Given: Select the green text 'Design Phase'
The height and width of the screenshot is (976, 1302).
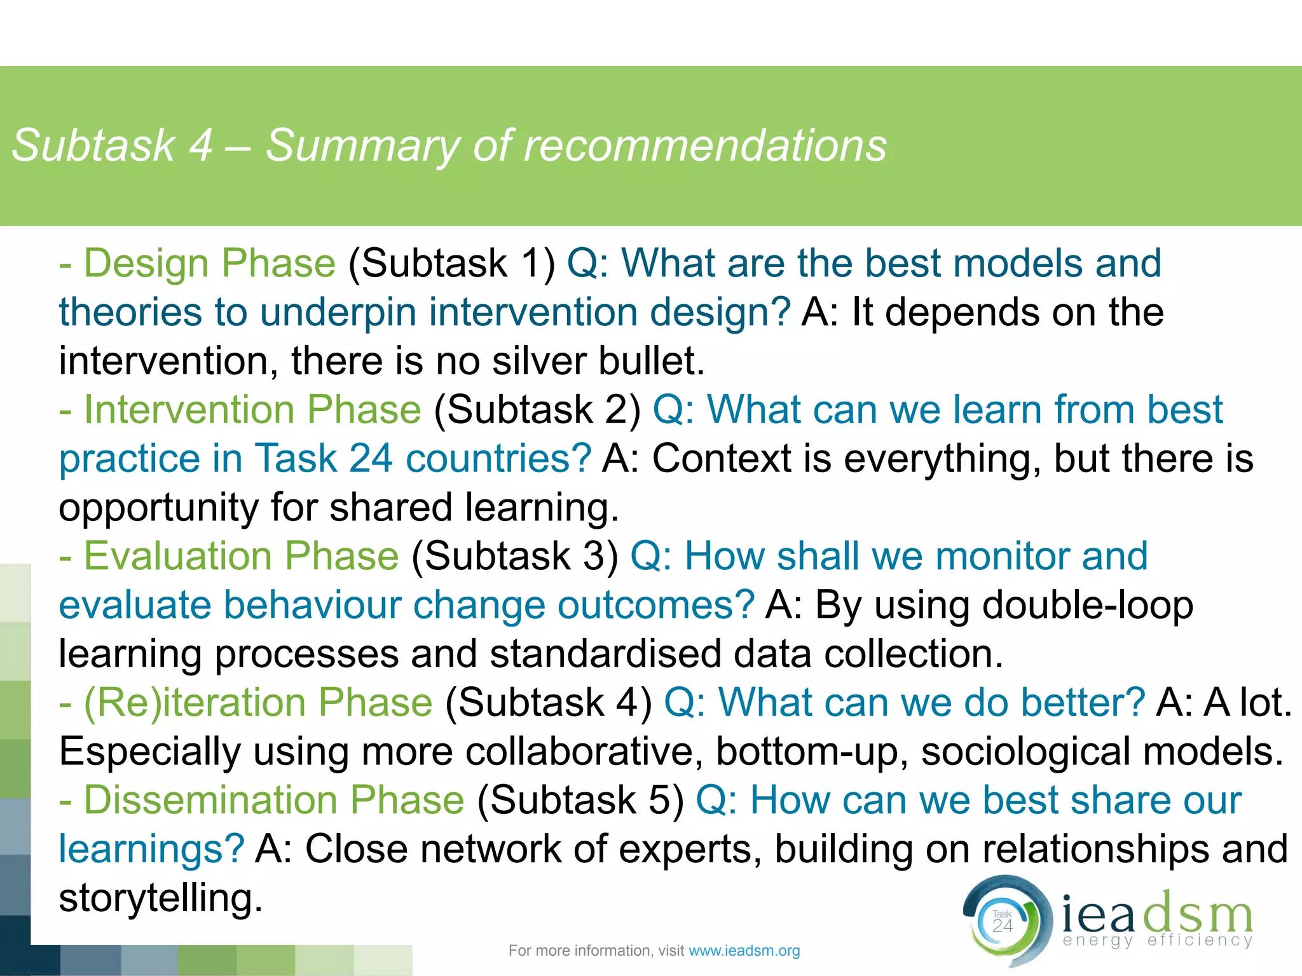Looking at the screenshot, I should (x=209, y=263).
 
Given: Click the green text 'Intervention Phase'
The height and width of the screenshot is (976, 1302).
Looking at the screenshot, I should (x=252, y=409).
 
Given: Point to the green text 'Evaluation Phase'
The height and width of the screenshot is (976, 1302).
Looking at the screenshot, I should (x=241, y=556).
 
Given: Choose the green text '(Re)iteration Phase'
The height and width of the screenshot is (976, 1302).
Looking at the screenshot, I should (x=257, y=703).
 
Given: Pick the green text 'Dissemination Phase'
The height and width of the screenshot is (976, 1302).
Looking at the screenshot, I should (x=274, y=800).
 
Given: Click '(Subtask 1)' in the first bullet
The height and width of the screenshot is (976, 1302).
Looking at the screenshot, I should (x=452, y=263).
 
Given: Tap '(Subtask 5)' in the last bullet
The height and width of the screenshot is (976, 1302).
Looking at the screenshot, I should (x=580, y=800).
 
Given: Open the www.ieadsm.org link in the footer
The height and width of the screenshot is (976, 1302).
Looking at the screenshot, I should (x=744, y=951).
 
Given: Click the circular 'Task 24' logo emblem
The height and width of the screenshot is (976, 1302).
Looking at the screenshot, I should (x=1004, y=922).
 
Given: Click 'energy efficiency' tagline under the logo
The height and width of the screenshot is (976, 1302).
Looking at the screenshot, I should (x=1157, y=940).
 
